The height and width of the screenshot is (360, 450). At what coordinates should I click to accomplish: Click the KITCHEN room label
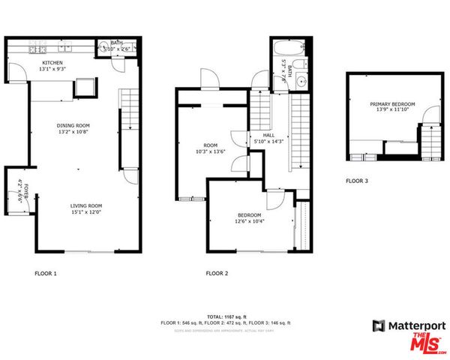(52, 63)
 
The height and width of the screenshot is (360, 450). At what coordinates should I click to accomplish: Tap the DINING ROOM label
(73, 125)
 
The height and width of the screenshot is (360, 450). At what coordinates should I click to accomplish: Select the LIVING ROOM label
(86, 205)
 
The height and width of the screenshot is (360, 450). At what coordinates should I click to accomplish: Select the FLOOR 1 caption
(46, 273)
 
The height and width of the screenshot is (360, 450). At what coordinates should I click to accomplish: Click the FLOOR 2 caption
(216, 273)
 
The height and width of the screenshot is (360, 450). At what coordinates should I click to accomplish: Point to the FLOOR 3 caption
(357, 181)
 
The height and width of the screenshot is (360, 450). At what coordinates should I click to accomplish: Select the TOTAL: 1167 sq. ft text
(225, 316)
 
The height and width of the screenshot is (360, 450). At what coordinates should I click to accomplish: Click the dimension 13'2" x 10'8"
(73, 132)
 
